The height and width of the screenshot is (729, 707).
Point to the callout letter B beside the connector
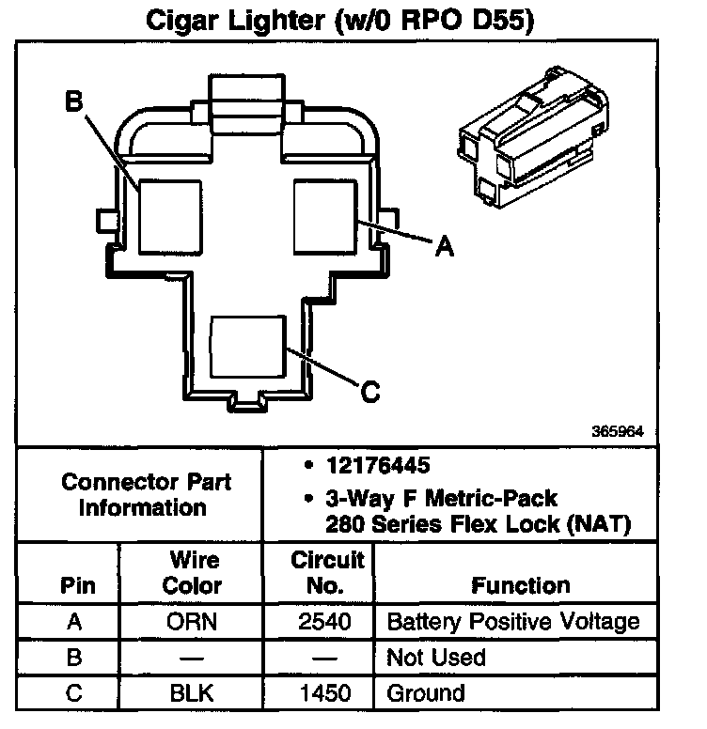(74, 102)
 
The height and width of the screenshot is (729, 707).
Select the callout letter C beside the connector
(369, 391)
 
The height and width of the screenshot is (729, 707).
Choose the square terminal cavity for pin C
(247, 347)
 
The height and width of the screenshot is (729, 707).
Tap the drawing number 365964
(617, 433)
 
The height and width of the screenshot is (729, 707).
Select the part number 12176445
(371, 465)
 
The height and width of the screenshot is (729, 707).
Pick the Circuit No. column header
(327, 573)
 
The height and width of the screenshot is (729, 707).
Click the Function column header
(520, 585)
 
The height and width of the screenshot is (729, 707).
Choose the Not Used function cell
(436, 658)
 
